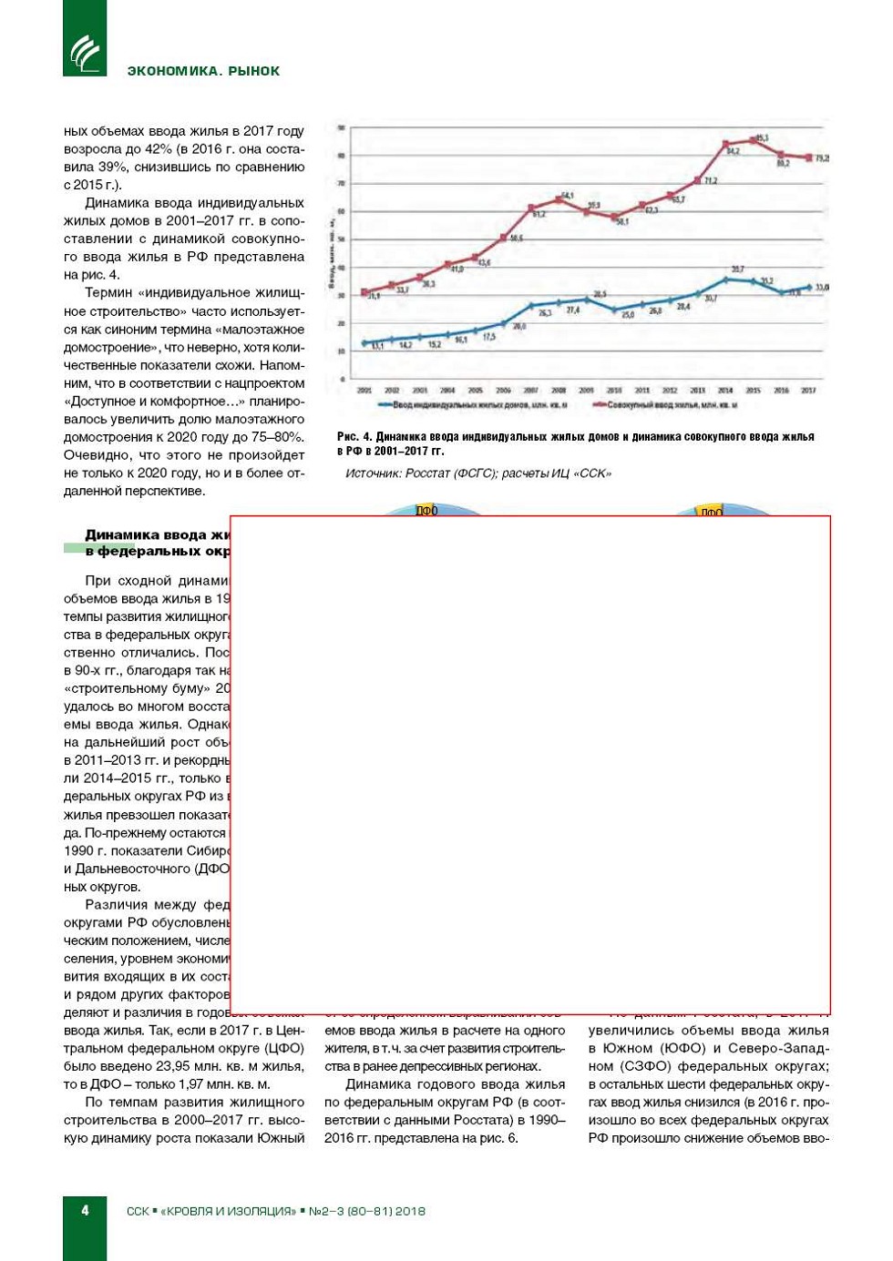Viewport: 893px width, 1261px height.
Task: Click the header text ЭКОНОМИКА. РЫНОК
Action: click(203, 71)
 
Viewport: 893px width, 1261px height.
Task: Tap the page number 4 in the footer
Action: click(86, 1210)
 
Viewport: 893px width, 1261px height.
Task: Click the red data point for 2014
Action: click(725, 145)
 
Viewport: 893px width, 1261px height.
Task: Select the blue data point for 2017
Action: click(808, 288)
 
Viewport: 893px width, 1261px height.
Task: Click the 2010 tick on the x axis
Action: click(614, 391)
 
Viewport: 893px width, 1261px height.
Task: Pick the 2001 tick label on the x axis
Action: click(364, 391)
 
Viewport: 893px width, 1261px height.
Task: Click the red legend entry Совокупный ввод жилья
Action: click(670, 405)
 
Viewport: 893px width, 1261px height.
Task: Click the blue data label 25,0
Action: click(628, 315)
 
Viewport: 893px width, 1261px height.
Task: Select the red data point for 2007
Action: click(531, 208)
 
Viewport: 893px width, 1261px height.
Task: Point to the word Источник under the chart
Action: click(373, 473)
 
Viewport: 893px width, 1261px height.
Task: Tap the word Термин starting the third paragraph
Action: click(108, 293)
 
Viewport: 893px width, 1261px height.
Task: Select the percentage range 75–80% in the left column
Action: click(277, 437)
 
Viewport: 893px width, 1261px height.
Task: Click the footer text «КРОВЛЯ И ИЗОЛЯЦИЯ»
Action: click(228, 1211)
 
